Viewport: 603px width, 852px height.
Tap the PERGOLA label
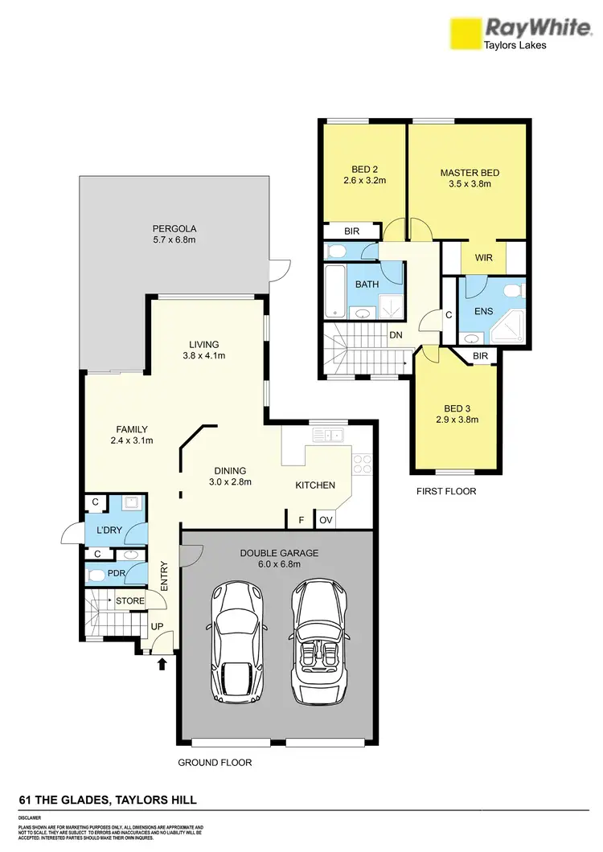tap(174, 226)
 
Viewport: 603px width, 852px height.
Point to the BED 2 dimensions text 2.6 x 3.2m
tap(365, 181)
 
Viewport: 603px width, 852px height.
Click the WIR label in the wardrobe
tap(484, 257)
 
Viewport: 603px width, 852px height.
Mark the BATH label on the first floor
tap(367, 285)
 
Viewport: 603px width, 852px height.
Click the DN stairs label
tap(396, 336)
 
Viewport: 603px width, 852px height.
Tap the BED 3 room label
tap(457, 407)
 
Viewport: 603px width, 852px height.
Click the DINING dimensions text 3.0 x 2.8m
tap(230, 482)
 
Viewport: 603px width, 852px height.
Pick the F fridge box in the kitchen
tap(301, 520)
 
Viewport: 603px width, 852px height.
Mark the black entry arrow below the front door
tap(163, 664)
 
